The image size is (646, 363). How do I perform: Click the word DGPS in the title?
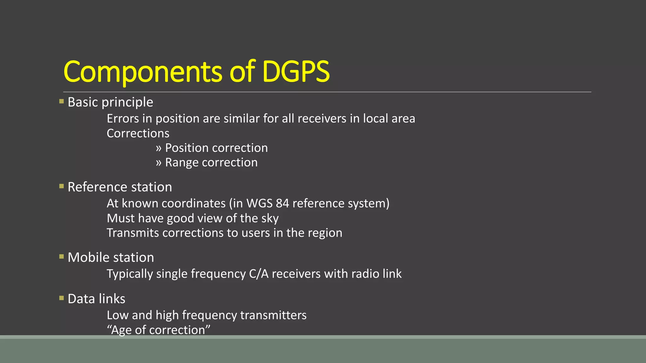coord(296,72)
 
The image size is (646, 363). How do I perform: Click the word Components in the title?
coord(143,72)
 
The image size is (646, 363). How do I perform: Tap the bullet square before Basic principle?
coord(62,101)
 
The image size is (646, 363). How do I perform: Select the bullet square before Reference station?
coord(62,186)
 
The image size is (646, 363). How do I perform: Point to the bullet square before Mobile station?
coord(62,257)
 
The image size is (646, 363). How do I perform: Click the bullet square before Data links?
coord(62,298)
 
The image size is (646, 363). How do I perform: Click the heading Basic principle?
coord(110,102)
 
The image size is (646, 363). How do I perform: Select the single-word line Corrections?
coord(138,133)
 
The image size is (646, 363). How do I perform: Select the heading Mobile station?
coord(111,257)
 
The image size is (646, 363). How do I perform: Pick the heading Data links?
coord(96,299)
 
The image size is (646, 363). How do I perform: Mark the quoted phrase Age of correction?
coord(158,330)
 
